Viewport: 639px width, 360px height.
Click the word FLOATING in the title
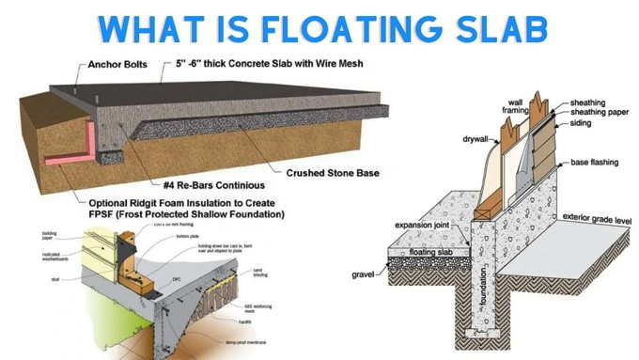tap(347, 27)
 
